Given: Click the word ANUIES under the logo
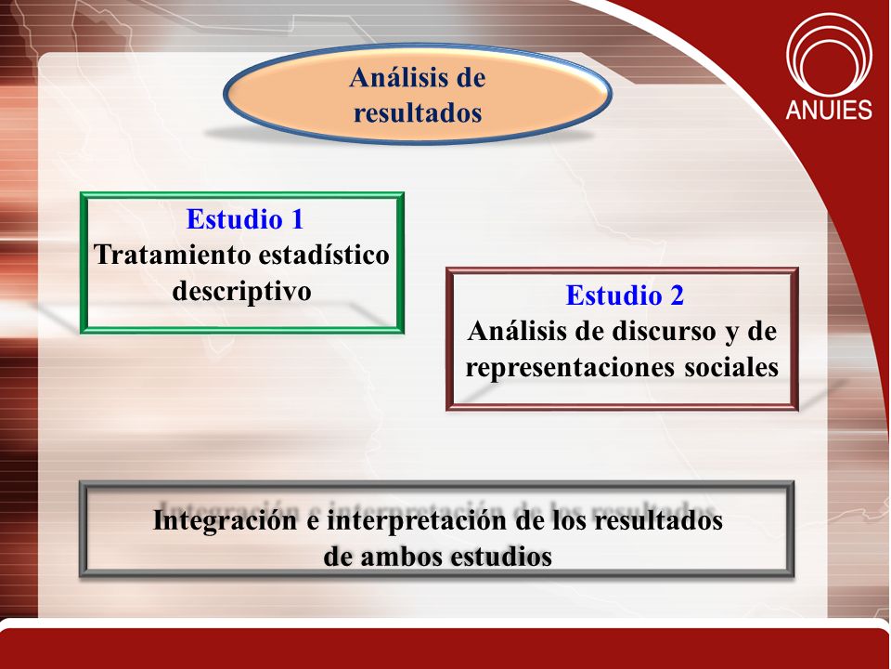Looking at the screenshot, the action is coord(829,110).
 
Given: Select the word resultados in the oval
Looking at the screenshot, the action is coord(418,112).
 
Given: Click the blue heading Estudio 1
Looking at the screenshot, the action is coord(245,219).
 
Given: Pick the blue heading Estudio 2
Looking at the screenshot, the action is coord(625,295).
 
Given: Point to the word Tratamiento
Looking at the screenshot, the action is coord(172,255).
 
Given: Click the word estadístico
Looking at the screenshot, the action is coord(324,255).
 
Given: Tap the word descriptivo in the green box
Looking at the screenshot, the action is coord(241,291).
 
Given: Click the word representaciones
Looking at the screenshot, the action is coord(570,368).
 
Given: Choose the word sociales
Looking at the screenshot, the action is coord(731,368).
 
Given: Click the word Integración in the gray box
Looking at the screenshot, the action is coord(225,520).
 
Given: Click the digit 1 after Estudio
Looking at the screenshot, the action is coord(297,219).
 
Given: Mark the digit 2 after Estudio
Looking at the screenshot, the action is coord(677,295).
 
